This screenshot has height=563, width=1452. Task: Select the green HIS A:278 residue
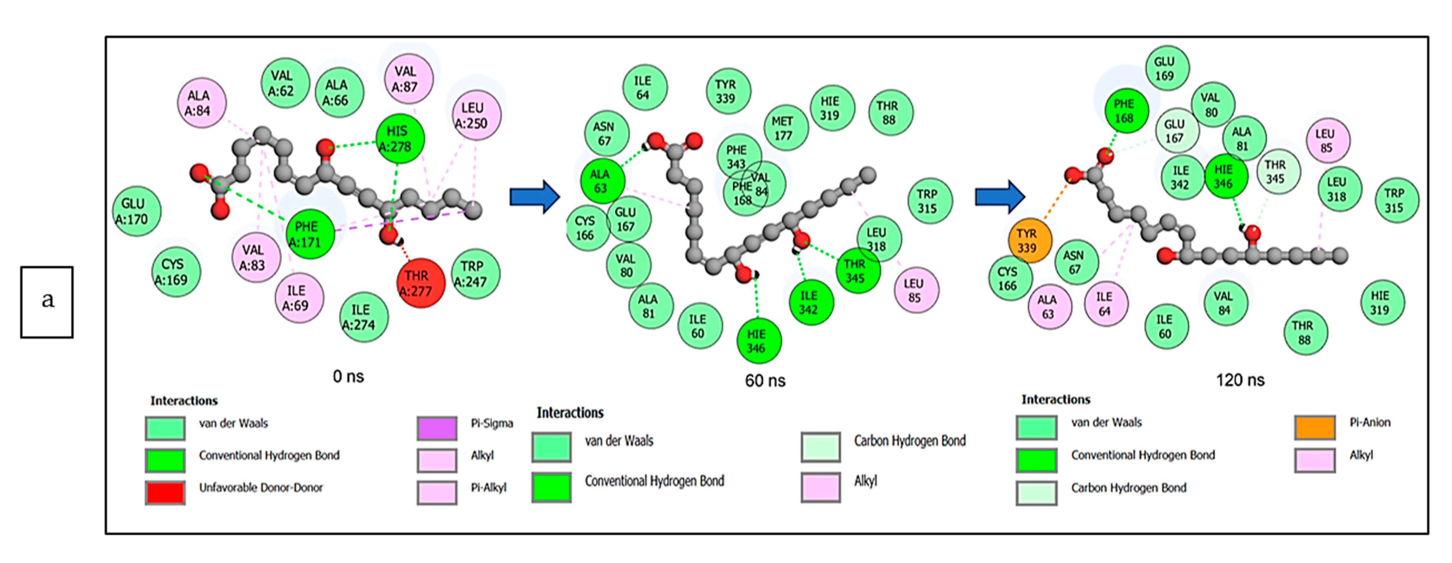[400, 139]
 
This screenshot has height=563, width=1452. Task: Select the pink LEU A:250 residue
[476, 116]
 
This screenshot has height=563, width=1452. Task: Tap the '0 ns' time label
[348, 376]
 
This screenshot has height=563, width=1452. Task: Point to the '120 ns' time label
[1239, 380]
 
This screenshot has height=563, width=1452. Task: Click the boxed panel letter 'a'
[47, 301]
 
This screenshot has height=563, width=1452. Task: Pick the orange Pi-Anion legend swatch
[1314, 427]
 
